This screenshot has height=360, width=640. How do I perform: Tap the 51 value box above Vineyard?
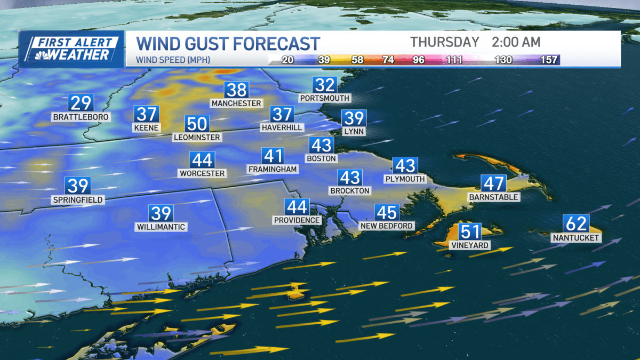click(470, 233)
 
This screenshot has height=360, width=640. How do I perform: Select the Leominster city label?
click(197, 137)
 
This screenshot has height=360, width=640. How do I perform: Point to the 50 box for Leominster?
click(197, 124)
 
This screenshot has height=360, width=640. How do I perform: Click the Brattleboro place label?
click(81, 116)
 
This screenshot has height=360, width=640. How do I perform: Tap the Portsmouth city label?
click(324, 98)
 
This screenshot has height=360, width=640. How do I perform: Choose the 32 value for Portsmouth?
click(324, 85)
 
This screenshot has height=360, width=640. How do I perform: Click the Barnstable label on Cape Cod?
click(493, 197)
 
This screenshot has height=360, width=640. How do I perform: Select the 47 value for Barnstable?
click(493, 183)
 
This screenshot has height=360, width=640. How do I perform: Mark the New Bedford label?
click(387, 226)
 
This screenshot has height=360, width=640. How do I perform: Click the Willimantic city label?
click(161, 227)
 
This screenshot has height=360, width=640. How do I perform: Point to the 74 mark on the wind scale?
click(388, 60)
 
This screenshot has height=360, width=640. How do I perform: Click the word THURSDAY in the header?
click(444, 42)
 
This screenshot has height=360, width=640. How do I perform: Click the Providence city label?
click(297, 220)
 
